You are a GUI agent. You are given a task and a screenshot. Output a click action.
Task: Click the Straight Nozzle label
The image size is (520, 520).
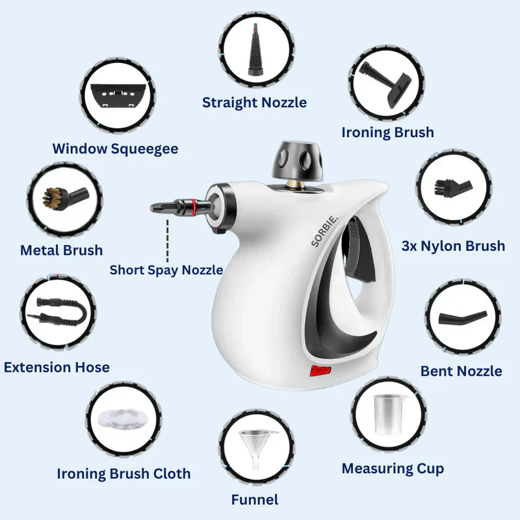[254, 102]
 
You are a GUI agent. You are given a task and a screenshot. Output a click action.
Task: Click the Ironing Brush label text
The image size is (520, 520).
[387, 133]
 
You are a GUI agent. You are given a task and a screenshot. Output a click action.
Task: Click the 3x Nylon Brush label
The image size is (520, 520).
[454, 246]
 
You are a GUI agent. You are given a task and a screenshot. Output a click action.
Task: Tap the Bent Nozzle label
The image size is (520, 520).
[461, 371]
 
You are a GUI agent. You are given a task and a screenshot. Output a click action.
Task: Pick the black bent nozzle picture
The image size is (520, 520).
[461, 318]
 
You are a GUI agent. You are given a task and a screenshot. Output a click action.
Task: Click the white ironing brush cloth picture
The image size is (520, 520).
[123, 417]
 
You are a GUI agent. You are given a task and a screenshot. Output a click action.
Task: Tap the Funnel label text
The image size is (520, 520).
[255, 499]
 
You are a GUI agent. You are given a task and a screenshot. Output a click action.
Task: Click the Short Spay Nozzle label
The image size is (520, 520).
[166, 269]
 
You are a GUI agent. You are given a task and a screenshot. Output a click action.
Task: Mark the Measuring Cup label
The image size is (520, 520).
[393, 468]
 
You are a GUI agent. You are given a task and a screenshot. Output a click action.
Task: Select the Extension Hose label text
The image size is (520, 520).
[57, 367]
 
